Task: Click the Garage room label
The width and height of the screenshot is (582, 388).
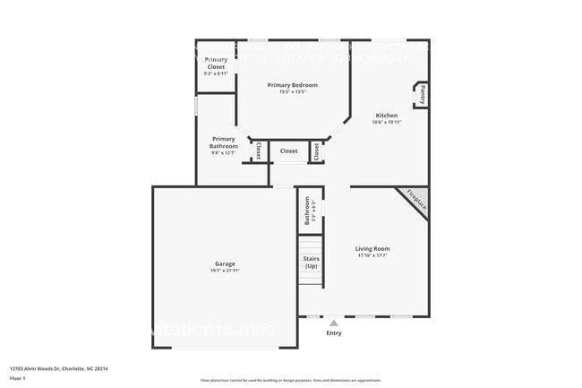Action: [225, 263]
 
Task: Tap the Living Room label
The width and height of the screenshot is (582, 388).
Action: [372, 248]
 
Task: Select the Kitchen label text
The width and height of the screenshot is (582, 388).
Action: [386, 116]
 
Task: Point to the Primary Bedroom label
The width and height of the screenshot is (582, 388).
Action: [293, 85]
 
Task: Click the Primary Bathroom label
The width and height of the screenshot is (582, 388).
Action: [224, 142]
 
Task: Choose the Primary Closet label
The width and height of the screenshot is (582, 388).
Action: [216, 63]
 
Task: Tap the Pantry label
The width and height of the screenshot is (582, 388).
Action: [420, 94]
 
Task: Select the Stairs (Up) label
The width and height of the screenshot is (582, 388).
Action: [311, 263]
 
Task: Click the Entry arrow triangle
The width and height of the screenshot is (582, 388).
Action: [334, 323]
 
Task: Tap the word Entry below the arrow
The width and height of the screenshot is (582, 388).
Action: [334, 333]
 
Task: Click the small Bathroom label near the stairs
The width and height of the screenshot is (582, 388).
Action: [307, 209]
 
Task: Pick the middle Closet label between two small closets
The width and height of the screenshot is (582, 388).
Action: [288, 151]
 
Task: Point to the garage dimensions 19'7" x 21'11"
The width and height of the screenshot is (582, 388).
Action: [225, 270]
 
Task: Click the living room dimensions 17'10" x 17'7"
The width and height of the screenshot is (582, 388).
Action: [372, 255]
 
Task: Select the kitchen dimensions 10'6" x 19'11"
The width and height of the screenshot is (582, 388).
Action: [386, 122]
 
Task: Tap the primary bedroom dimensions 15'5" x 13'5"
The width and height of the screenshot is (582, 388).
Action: [293, 91]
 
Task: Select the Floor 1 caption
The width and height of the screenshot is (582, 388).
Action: [18, 378]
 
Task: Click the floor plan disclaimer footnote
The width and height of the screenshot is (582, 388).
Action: [290, 380]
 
